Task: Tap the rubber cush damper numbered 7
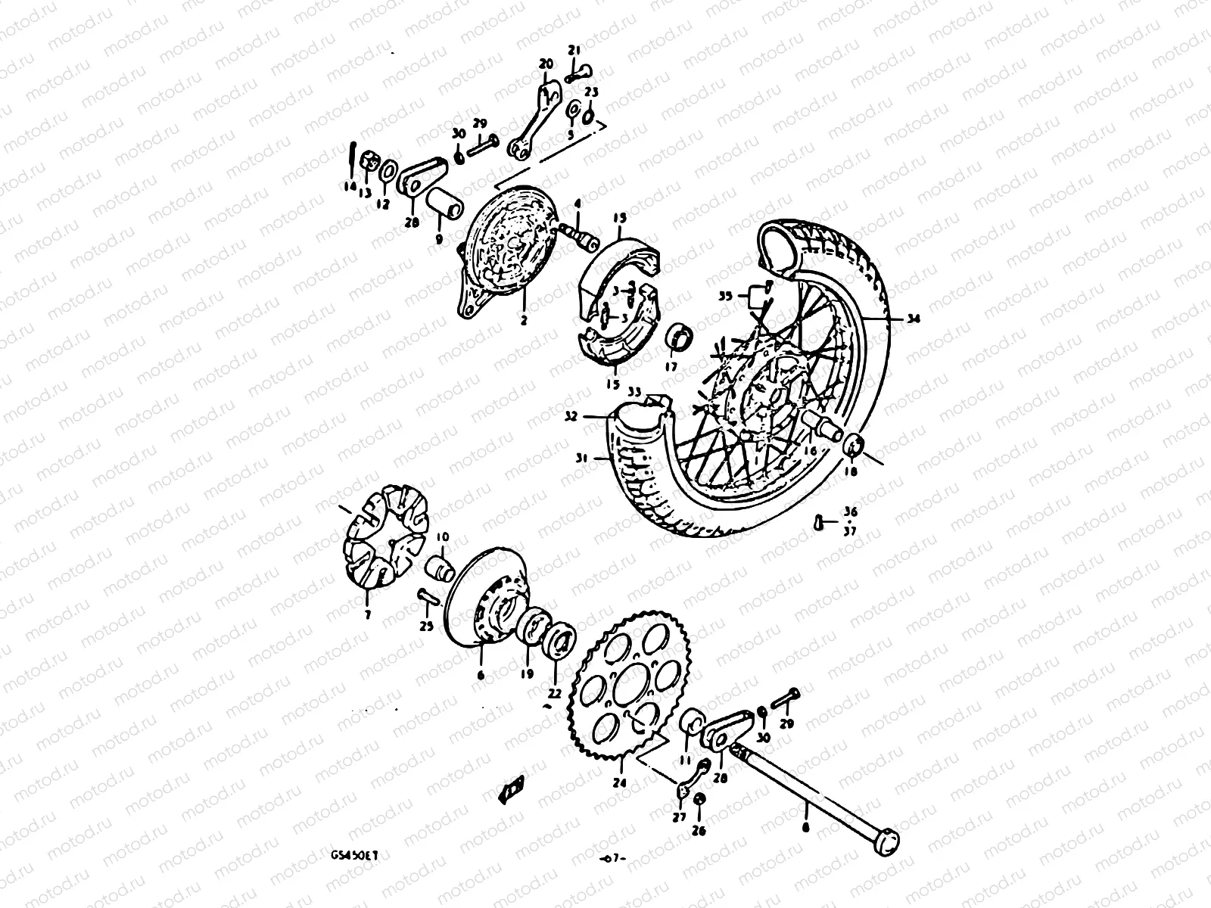pyautogui.click(x=385, y=538)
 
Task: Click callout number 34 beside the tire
pyautogui.click(x=914, y=319)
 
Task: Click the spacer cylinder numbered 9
pyautogui.click(x=444, y=203)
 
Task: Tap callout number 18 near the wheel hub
pyautogui.click(x=851, y=471)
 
